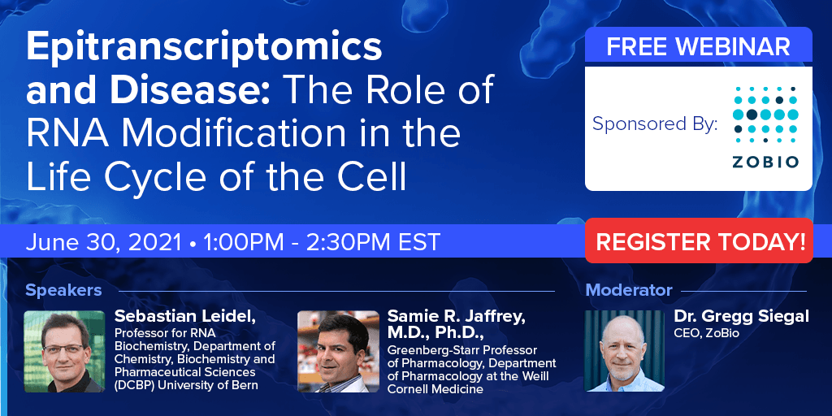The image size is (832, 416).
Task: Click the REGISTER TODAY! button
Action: coord(700,241)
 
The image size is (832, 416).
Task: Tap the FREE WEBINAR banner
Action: coord(698,46)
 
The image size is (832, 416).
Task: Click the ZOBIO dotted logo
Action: coord(765,126)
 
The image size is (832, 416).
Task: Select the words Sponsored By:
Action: coord(655,124)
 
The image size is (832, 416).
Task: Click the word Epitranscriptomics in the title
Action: coord(204,49)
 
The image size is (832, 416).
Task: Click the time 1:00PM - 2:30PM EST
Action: coord(321,242)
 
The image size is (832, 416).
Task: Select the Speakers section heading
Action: coord(63,290)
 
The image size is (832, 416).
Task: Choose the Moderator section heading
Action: coord(629,290)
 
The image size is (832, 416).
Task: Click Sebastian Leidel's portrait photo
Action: coord(64,351)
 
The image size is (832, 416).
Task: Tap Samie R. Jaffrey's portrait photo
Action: coord(338,351)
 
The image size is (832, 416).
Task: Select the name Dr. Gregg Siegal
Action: coord(741,316)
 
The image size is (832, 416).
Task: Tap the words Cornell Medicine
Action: coord(435,389)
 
